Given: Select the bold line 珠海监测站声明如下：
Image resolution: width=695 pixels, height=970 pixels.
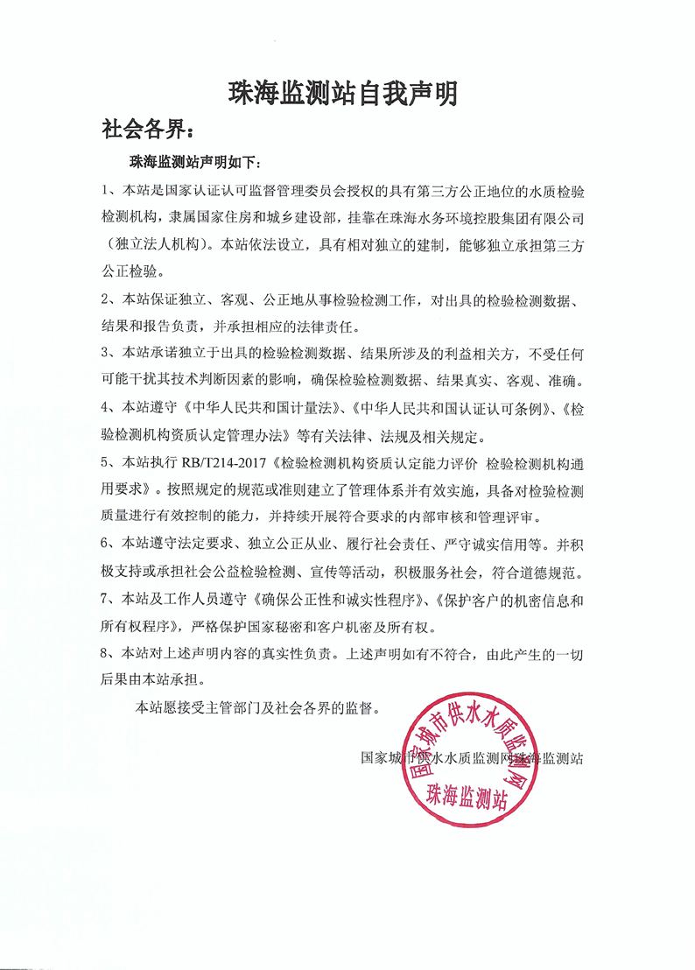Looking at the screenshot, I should click(x=194, y=163).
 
